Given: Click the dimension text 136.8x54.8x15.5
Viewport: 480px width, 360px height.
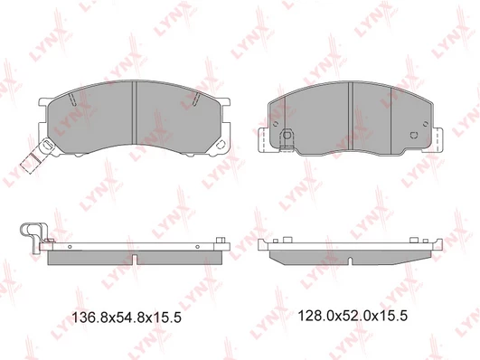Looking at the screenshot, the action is [x=127, y=317].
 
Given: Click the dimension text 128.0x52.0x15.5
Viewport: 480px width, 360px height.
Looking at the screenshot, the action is [x=353, y=316].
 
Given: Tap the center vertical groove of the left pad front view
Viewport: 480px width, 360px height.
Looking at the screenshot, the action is [x=134, y=112].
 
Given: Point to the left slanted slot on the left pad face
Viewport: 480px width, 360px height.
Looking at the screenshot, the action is [x=72, y=99].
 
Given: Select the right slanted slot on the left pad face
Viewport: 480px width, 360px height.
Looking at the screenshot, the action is [x=196, y=99].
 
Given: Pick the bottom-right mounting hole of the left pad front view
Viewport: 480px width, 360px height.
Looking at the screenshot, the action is [x=220, y=145].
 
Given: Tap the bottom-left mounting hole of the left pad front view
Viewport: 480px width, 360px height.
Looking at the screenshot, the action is [x=47, y=145].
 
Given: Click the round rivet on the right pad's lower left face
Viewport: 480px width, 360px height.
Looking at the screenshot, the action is [x=287, y=135].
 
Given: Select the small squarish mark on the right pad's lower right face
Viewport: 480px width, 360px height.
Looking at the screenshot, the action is [x=414, y=135].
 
